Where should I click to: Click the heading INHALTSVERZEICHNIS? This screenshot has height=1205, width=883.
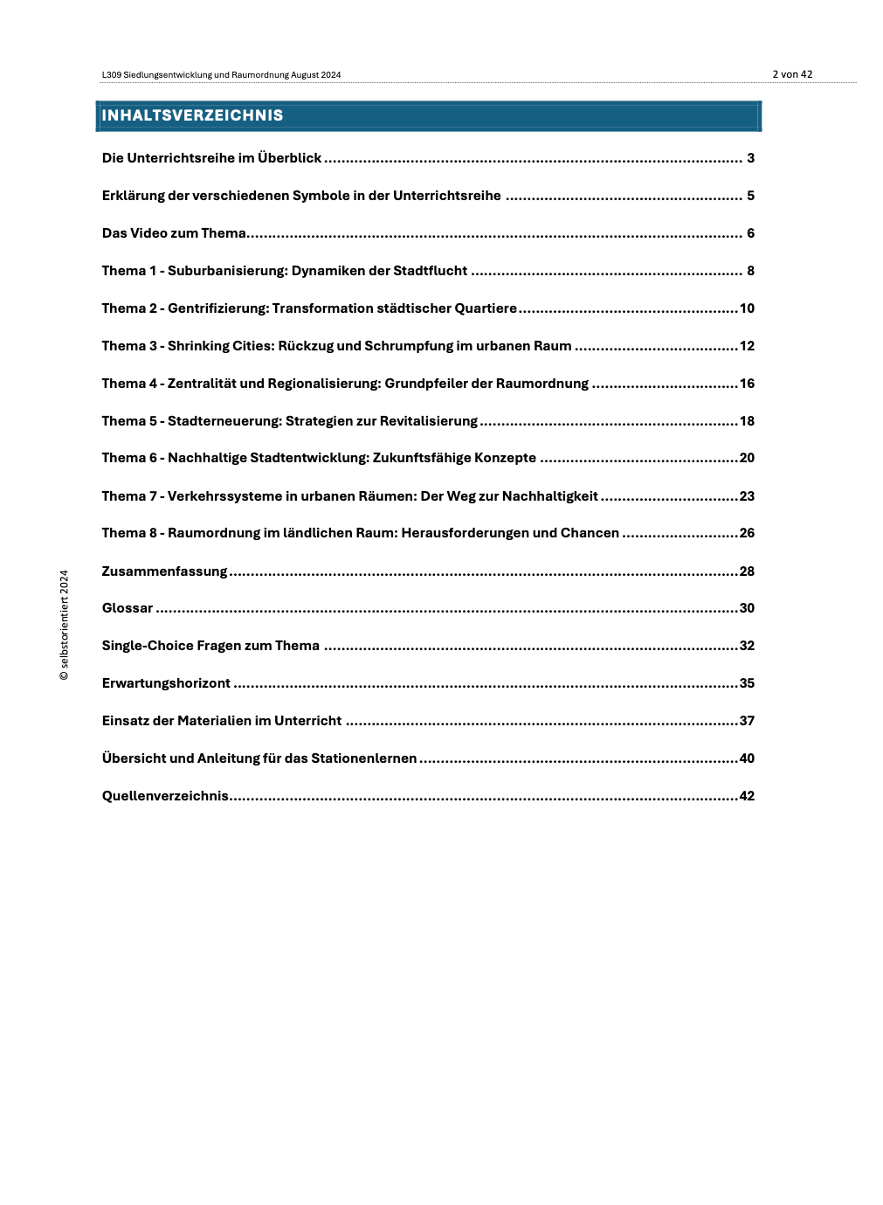(x=192, y=115)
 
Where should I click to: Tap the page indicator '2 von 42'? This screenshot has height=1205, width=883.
(x=792, y=74)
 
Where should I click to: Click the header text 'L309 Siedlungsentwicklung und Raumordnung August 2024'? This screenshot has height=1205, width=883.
(x=221, y=75)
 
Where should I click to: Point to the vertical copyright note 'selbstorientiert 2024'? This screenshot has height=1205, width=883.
(x=64, y=625)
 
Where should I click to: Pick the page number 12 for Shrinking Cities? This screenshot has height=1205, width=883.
(x=747, y=346)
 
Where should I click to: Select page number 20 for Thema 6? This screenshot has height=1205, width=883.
(x=747, y=458)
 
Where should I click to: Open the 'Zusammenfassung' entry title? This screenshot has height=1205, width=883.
(x=164, y=571)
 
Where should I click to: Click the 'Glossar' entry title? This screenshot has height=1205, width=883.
(x=128, y=608)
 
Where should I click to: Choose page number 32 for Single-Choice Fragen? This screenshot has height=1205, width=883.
(x=747, y=646)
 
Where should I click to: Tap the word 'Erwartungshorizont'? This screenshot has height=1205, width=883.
(x=166, y=683)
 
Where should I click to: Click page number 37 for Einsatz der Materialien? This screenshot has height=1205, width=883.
(x=747, y=721)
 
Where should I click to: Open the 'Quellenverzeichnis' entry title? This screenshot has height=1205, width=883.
(x=165, y=796)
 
